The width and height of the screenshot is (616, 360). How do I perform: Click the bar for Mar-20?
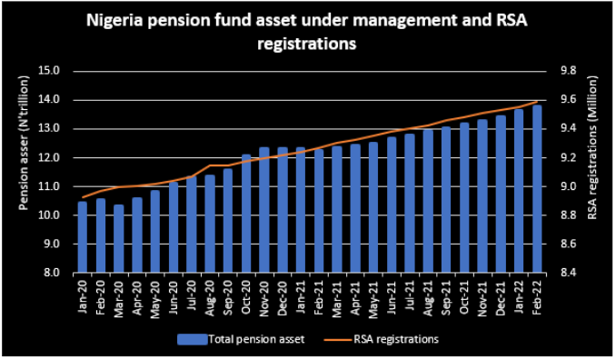tap(119, 238)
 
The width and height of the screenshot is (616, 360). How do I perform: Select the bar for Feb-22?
tap(537, 189)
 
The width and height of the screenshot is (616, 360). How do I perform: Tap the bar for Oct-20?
tap(246, 214)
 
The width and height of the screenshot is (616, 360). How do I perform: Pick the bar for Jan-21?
tap(301, 210)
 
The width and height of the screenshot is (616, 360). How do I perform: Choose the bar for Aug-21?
tap(428, 201)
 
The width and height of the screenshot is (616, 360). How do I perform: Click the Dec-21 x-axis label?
tap(501, 298)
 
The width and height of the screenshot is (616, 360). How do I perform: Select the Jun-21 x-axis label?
tap(392, 297)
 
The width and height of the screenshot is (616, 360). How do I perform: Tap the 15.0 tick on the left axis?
tap(49, 71)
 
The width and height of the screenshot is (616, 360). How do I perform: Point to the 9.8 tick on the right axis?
tap(567, 71)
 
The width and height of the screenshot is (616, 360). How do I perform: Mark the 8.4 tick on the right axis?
tap(567, 273)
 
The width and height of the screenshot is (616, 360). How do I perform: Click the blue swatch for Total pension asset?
tap(192, 339)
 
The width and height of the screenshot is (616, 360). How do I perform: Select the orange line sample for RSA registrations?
tap(337, 339)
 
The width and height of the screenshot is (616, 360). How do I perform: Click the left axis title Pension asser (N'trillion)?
tap(24, 142)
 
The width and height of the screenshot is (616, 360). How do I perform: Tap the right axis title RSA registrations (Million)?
tap(591, 147)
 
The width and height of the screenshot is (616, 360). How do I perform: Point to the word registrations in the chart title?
tap(307, 44)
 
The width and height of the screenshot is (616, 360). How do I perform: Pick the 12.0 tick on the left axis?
tap(49, 157)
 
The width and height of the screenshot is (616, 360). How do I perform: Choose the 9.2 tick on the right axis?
tap(567, 157)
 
